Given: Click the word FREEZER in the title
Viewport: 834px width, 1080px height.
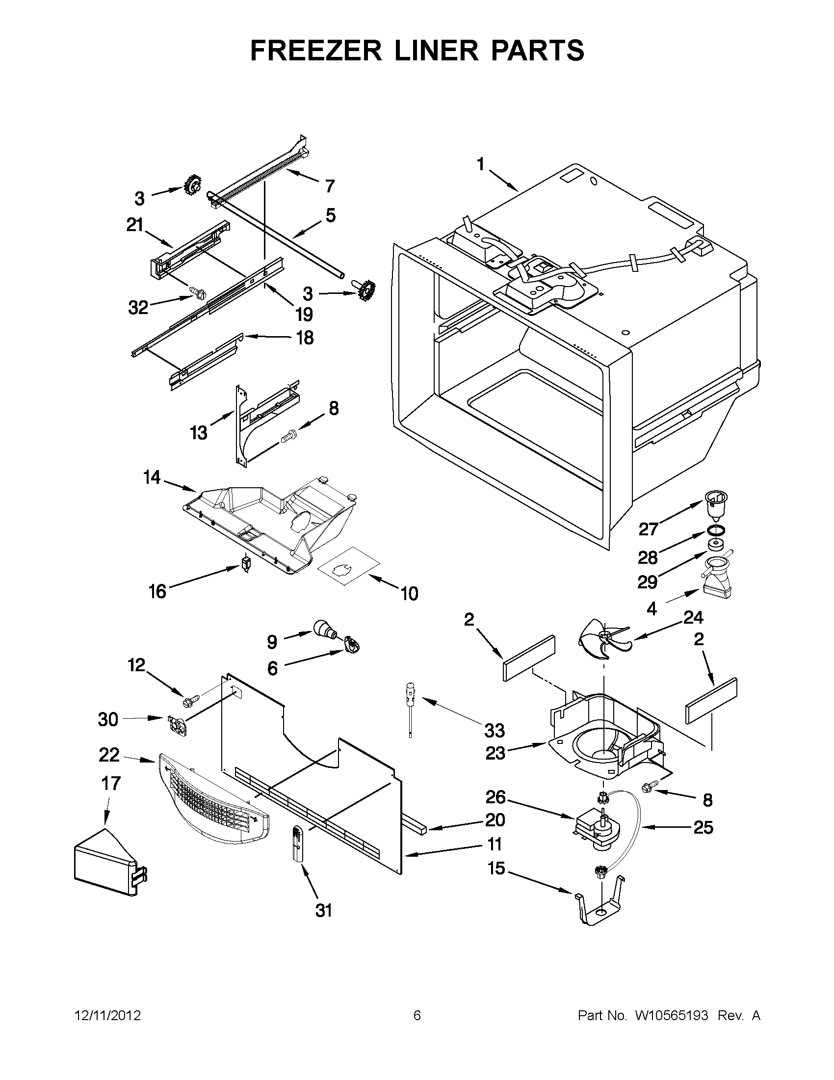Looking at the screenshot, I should [316, 51].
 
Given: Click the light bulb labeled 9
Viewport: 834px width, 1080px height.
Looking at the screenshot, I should [324, 629].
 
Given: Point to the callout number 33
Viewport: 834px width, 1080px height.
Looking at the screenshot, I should [494, 730].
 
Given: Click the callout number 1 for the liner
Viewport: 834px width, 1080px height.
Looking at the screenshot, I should [480, 164].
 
